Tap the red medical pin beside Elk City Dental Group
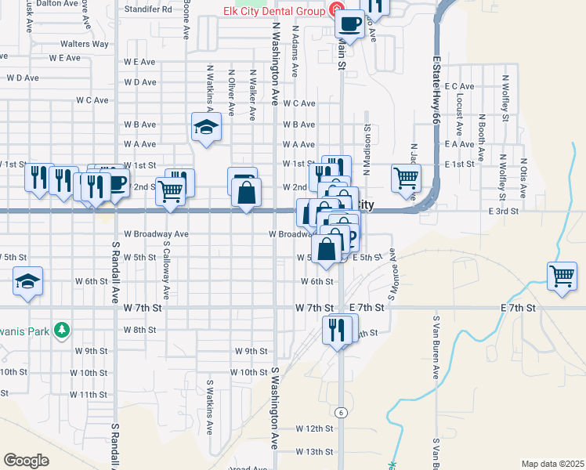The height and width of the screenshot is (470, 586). pyautogui.click(x=336, y=10)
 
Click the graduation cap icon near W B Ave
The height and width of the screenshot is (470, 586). pyautogui.click(x=206, y=127)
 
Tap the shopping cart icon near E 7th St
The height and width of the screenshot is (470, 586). pyautogui.click(x=562, y=277)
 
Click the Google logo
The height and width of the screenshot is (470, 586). pyautogui.click(x=26, y=460)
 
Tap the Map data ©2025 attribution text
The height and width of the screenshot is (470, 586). pyautogui.click(x=552, y=464)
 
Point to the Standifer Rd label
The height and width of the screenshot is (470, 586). pyautogui.click(x=148, y=9)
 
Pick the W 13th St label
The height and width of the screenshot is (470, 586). pyautogui.click(x=314, y=452)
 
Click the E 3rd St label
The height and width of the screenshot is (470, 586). pyautogui.click(x=504, y=211)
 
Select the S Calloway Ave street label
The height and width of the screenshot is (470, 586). pyautogui.click(x=167, y=270)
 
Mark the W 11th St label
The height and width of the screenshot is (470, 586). pyautogui.click(x=88, y=394)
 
